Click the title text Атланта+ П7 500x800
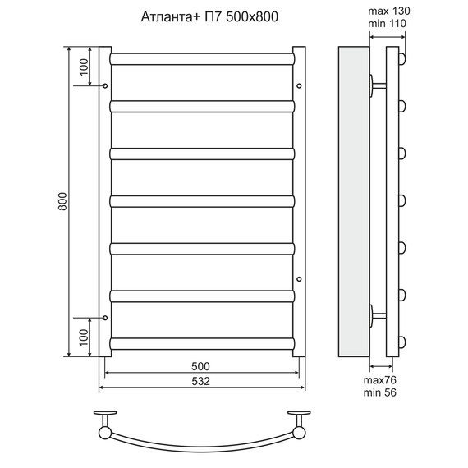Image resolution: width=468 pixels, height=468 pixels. click(209, 16)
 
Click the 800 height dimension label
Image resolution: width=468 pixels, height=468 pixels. click(62, 201)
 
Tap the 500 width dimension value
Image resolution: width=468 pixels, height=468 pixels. click(200, 366)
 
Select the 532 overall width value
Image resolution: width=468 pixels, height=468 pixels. click(200, 381)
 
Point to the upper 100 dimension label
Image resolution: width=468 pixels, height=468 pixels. click(85, 67)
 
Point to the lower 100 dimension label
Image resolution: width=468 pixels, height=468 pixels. click(85, 337)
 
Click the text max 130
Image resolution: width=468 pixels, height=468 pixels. click(389, 11)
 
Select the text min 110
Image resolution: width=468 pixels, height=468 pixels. click(387, 23)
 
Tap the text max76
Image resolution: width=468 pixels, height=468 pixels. click(379, 380)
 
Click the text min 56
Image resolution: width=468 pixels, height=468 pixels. click(379, 392)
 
